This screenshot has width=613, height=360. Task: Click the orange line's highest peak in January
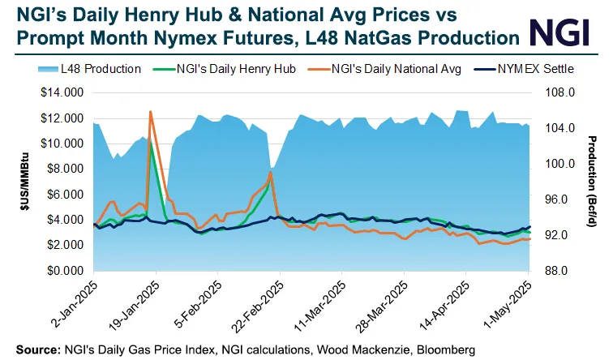click(x=150, y=112)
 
